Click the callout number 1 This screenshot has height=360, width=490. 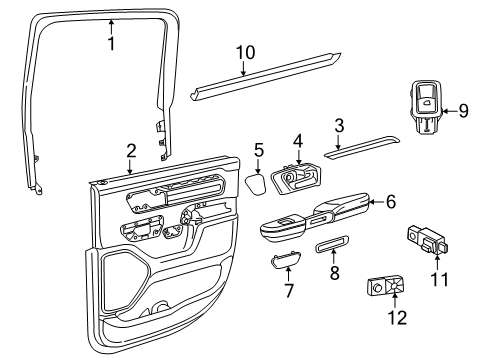tap(111, 44)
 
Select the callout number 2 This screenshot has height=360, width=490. tap(130, 151)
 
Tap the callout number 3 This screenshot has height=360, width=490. tap(338, 125)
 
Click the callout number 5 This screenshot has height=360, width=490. tap(258, 151)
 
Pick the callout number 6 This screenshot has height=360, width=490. tap(390, 201)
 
